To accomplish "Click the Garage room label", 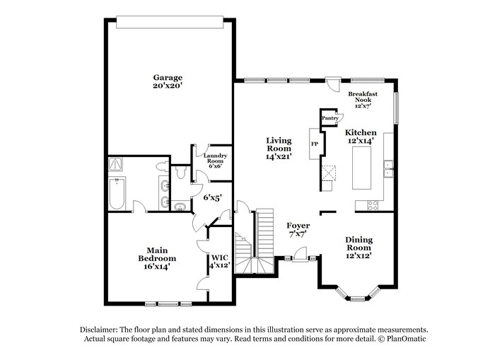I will [168, 78].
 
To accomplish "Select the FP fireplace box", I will [315, 146].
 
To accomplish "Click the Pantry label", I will [330, 118].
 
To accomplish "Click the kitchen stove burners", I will [371, 205].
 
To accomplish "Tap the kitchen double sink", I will [388, 168].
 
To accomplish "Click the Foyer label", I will [298, 226].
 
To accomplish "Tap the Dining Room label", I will [359, 244].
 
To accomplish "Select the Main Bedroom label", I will [156, 255].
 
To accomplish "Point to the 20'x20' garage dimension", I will [168, 86].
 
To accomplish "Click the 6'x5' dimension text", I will [213, 199].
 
